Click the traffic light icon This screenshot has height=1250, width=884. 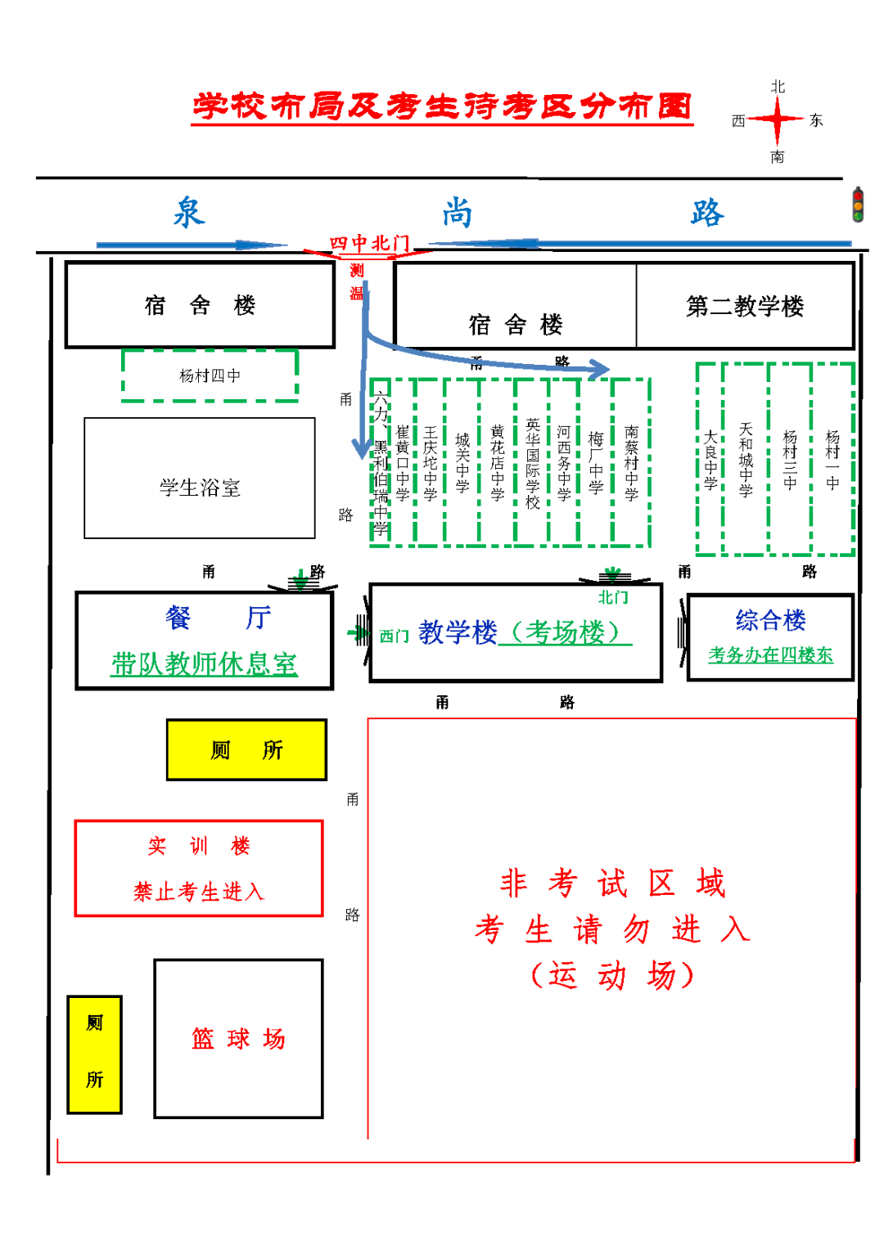(x=857, y=205)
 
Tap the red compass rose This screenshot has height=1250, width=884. (x=776, y=121)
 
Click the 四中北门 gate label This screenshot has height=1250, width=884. (x=369, y=243)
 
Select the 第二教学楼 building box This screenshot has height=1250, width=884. (x=745, y=306)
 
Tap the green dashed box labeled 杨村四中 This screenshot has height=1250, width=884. (x=210, y=375)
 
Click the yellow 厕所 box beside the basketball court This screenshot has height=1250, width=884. (x=95, y=1054)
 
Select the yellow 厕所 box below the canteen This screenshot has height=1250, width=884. (x=246, y=749)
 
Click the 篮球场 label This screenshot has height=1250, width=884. (x=238, y=1038)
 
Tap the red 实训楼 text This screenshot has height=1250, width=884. (x=199, y=846)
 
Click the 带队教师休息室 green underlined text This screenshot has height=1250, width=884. (x=204, y=663)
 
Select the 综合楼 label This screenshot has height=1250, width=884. (x=770, y=620)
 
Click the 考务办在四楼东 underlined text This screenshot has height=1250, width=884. (x=770, y=654)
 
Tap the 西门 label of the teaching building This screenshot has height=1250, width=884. (x=394, y=636)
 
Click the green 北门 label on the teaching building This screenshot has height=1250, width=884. (x=612, y=597)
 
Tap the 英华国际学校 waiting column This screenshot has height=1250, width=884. (x=532, y=463)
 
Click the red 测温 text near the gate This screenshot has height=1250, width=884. (x=357, y=281)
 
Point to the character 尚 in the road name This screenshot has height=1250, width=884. (x=458, y=213)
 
